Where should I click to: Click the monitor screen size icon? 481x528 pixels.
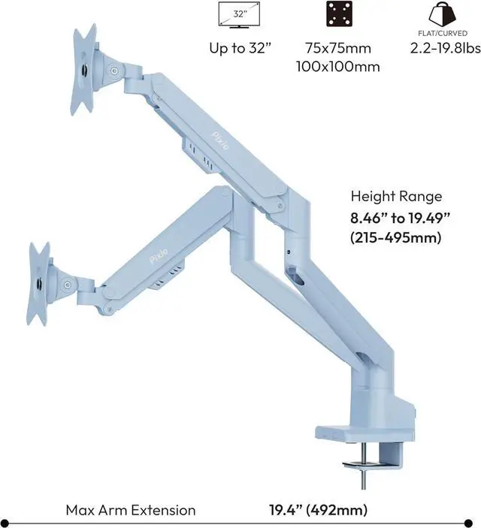[x=239, y=15]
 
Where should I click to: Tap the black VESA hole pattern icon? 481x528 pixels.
[x=339, y=14]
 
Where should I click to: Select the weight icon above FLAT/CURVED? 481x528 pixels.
[x=442, y=14]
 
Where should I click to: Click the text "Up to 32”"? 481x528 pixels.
[x=240, y=48]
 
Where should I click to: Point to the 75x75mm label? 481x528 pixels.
[x=338, y=48]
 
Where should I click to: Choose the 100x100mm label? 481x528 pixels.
[x=338, y=67]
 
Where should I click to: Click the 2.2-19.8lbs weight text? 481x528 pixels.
[x=445, y=48]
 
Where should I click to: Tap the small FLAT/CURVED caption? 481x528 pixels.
[x=443, y=33]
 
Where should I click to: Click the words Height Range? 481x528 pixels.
[x=396, y=196]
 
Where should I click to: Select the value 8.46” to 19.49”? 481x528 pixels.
[x=400, y=218]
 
